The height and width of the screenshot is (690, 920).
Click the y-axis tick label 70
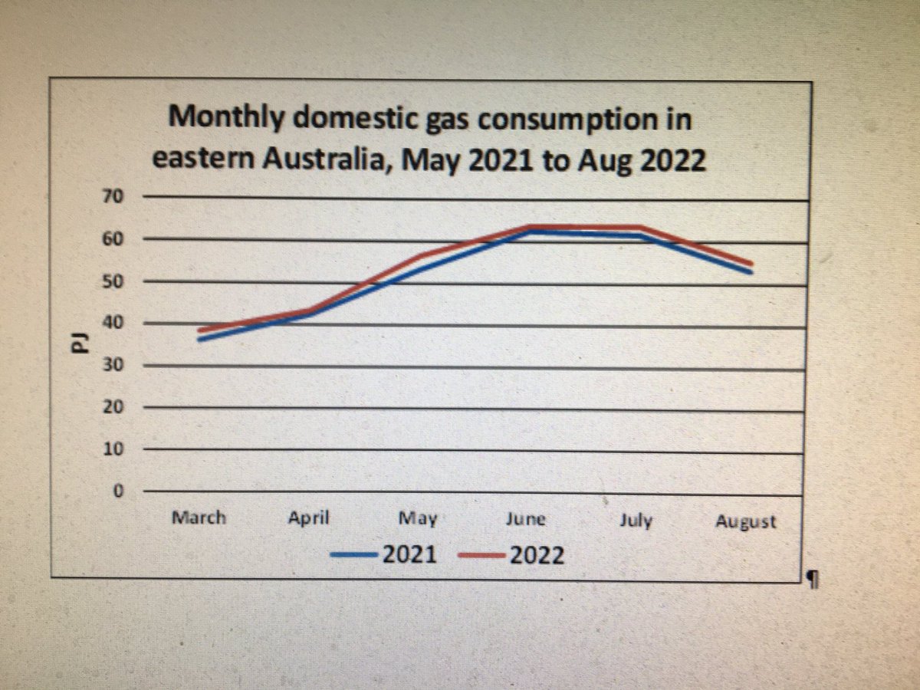click(113, 197)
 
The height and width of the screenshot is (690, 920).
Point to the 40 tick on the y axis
click(113, 323)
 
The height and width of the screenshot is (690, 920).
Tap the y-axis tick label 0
click(118, 491)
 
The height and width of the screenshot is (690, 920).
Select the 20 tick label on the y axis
click(113, 407)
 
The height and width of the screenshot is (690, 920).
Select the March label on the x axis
click(199, 517)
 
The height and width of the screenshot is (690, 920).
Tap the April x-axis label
click(309, 518)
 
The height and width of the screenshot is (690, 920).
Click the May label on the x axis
click(418, 519)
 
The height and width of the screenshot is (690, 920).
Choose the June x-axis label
click(526, 519)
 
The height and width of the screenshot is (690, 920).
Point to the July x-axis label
click(635, 521)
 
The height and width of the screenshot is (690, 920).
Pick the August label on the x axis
click(745, 522)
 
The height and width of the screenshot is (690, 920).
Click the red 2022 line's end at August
click(750, 264)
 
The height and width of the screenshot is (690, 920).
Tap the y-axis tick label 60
click(113, 239)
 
